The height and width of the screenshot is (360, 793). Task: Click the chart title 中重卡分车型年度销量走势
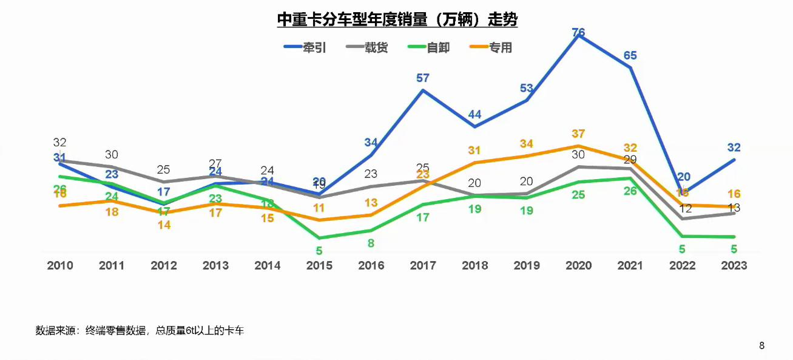(x=397, y=19)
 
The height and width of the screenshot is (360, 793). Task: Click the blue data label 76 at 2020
(x=578, y=32)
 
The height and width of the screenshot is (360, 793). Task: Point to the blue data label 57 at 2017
(x=423, y=78)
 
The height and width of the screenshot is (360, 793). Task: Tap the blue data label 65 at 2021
(x=630, y=55)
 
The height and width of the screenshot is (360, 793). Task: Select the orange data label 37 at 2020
(x=578, y=134)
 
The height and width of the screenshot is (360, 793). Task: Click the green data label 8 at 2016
(x=371, y=243)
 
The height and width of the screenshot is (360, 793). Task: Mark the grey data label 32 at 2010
(x=59, y=143)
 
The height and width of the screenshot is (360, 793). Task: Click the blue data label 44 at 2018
(x=474, y=114)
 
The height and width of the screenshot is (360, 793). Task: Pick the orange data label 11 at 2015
(x=319, y=208)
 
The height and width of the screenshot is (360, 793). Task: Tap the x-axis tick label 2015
(x=319, y=265)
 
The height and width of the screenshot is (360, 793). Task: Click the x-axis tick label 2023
(x=734, y=265)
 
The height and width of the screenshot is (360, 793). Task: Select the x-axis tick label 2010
(x=60, y=265)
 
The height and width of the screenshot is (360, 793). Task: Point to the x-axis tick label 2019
(x=527, y=265)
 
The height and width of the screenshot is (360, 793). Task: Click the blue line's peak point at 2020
(x=578, y=36)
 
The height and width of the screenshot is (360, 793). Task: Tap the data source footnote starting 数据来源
(x=140, y=331)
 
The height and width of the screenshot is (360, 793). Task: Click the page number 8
(x=761, y=346)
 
